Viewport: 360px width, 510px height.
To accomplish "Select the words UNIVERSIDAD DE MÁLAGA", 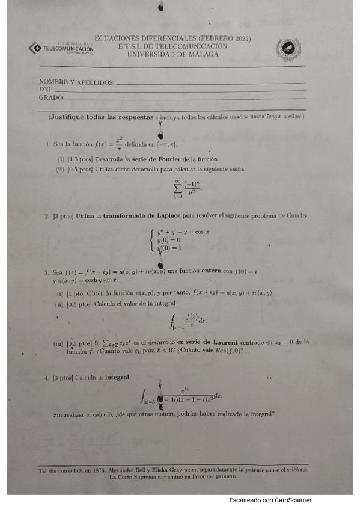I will [x=172, y=54].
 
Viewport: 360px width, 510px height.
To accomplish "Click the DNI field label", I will [x=46, y=89].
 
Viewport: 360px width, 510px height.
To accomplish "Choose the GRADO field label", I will [x=50, y=97].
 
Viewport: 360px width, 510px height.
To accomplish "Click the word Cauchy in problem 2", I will [x=293, y=215].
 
